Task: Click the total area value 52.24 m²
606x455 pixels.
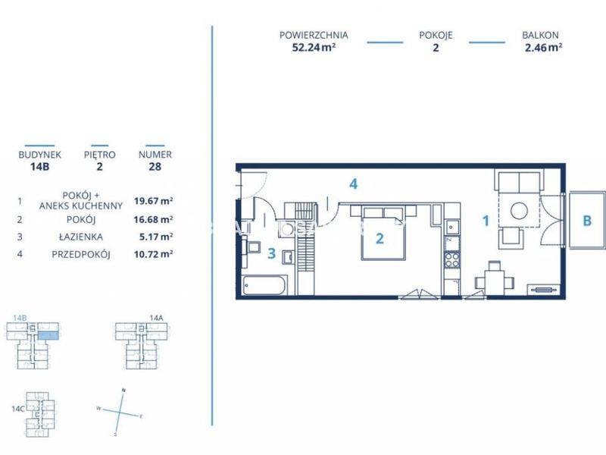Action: pyautogui.click(x=314, y=48)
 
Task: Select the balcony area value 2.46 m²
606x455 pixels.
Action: pyautogui.click(x=543, y=48)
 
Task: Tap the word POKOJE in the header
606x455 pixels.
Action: pyautogui.click(x=436, y=35)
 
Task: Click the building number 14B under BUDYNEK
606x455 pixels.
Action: pyautogui.click(x=40, y=167)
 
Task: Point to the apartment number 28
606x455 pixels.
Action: pyautogui.click(x=155, y=167)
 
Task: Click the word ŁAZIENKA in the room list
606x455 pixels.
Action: pyautogui.click(x=81, y=237)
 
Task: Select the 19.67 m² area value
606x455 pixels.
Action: pyautogui.click(x=153, y=201)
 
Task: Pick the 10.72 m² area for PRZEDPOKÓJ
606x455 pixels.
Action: pyautogui.click(x=153, y=254)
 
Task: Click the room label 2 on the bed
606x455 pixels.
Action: pyautogui.click(x=380, y=238)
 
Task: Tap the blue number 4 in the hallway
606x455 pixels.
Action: pyautogui.click(x=353, y=184)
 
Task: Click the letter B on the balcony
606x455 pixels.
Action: pyautogui.click(x=587, y=221)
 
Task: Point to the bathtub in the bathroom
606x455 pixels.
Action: pyautogui.click(x=264, y=285)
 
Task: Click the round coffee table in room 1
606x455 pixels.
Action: pyautogui.click(x=519, y=211)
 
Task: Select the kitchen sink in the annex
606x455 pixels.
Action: pyautogui.click(x=451, y=227)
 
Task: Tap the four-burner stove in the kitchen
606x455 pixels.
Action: pyautogui.click(x=451, y=260)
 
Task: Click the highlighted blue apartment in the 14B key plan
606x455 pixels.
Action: pyautogui.click(x=48, y=335)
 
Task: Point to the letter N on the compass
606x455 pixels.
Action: pyautogui.click(x=123, y=390)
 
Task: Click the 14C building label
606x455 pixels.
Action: pyautogui.click(x=18, y=409)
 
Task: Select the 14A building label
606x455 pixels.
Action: pyautogui.click(x=156, y=318)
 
